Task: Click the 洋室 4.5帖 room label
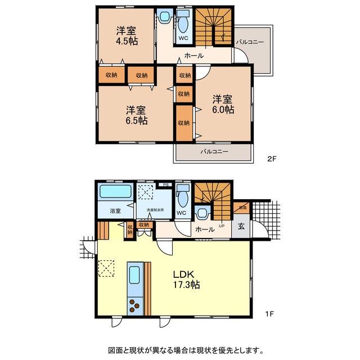pos(127,35)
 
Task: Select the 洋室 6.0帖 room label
pos(223,104)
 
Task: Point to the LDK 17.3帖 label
pos(183,280)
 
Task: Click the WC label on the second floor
pos(183,38)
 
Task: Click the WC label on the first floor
pos(181,213)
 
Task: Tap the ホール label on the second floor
pos(194,56)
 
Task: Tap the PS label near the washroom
pos(165,184)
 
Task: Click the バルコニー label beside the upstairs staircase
pos(250,42)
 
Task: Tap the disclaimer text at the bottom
pos(180,349)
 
